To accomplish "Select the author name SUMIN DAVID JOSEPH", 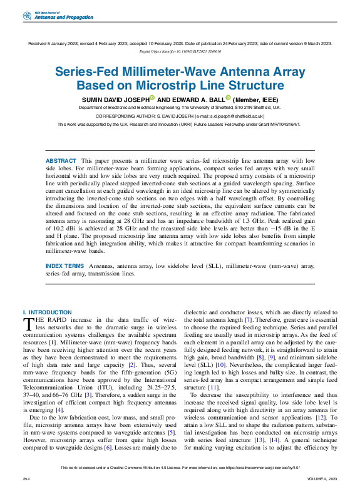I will [x=115, y=99].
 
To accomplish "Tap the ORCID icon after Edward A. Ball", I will [x=229, y=98].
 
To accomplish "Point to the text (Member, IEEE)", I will [x=256, y=99].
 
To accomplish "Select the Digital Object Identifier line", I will [x=180, y=51].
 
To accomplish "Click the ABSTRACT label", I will [x=61, y=162].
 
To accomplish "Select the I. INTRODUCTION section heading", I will [x=47, y=312].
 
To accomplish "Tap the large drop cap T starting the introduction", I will [x=28, y=323].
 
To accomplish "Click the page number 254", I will [x=26, y=479].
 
